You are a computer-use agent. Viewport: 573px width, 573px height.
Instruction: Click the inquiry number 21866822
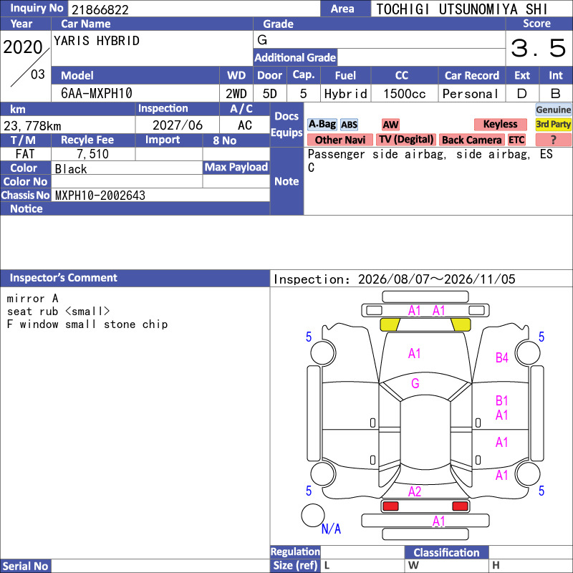pyautogui.click(x=100, y=9)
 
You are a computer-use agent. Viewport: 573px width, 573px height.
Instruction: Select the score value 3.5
pyautogui.click(x=538, y=48)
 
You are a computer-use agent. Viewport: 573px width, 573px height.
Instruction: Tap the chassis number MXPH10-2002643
pyautogui.click(x=100, y=196)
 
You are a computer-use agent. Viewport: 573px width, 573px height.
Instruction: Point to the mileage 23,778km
pyautogui.click(x=32, y=126)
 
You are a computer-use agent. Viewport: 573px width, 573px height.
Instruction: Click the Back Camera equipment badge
pyautogui.click(x=471, y=140)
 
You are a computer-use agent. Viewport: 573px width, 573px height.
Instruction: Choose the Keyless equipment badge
pyautogui.click(x=500, y=124)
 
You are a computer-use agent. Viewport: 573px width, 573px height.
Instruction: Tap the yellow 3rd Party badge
pyautogui.click(x=553, y=124)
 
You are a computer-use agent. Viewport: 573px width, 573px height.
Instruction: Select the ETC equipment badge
pyautogui.click(x=516, y=140)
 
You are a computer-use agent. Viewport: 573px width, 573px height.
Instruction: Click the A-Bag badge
pyautogui.click(x=322, y=124)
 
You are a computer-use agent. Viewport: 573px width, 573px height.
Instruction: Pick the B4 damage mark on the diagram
pyautogui.click(x=502, y=357)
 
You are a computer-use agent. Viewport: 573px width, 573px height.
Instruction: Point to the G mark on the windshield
pyautogui.click(x=415, y=383)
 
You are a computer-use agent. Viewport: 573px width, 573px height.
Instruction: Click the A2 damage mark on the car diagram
pyautogui.click(x=415, y=491)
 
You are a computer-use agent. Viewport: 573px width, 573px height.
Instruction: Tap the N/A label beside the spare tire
pyautogui.click(x=331, y=529)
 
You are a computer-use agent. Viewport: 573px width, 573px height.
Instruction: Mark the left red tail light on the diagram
pyautogui.click(x=390, y=506)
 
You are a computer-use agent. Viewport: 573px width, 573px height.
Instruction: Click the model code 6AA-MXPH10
pyautogui.click(x=97, y=94)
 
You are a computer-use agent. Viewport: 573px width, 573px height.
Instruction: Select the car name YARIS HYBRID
pyautogui.click(x=97, y=41)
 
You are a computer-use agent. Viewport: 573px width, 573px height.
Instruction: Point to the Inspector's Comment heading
pyautogui.click(x=63, y=278)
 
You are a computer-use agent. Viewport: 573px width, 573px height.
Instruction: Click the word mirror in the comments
pyautogui.click(x=26, y=299)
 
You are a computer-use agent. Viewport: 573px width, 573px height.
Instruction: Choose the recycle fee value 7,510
pyautogui.click(x=93, y=154)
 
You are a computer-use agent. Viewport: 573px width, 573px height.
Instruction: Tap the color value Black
pyautogui.click(x=71, y=169)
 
